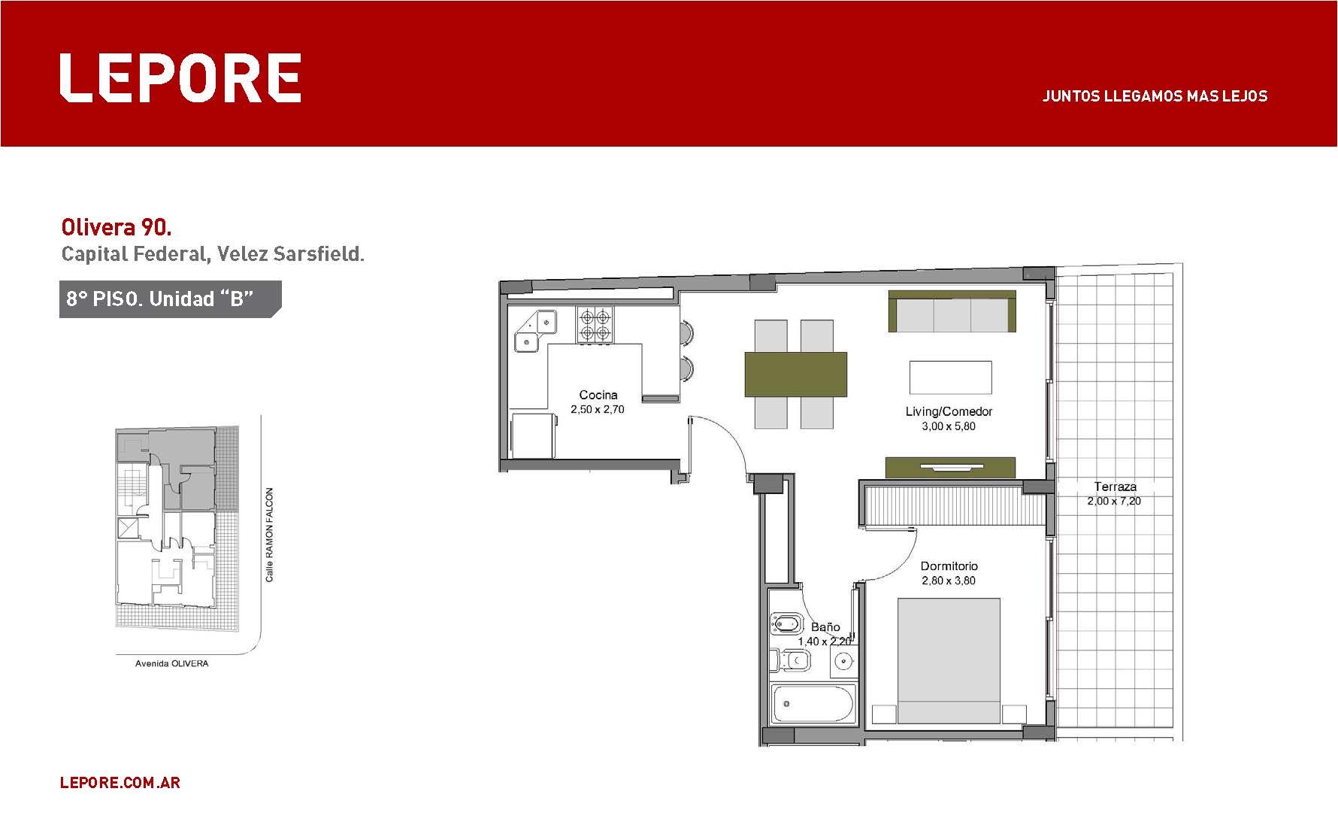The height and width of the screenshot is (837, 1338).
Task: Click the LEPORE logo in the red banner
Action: [x=180, y=77]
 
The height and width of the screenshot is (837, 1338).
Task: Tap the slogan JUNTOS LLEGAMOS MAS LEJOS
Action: [x=1155, y=96]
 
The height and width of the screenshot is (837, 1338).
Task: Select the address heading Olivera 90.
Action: [x=117, y=227]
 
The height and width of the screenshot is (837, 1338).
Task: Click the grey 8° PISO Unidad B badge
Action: [x=170, y=299]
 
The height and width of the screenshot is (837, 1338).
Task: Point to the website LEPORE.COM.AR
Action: [x=120, y=783]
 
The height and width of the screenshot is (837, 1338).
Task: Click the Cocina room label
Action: [x=598, y=395]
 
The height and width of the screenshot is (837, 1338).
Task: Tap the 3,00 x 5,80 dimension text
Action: [x=949, y=426]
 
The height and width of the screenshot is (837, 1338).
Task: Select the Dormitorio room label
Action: [x=949, y=566]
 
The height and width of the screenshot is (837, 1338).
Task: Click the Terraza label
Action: [x=1115, y=487]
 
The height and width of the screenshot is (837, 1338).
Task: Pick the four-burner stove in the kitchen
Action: [x=595, y=325]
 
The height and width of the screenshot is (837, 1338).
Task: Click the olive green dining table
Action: [x=796, y=375]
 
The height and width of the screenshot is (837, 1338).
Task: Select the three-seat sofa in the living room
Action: [x=952, y=311]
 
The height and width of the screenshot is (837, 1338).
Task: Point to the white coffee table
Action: [x=950, y=377]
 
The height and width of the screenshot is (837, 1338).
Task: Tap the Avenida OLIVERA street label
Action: [x=171, y=664]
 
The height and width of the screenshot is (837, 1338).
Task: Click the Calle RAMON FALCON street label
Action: [x=270, y=535]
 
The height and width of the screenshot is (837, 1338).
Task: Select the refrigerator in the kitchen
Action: [x=534, y=434]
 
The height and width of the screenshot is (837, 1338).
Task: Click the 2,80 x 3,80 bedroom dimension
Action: [x=949, y=581]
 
